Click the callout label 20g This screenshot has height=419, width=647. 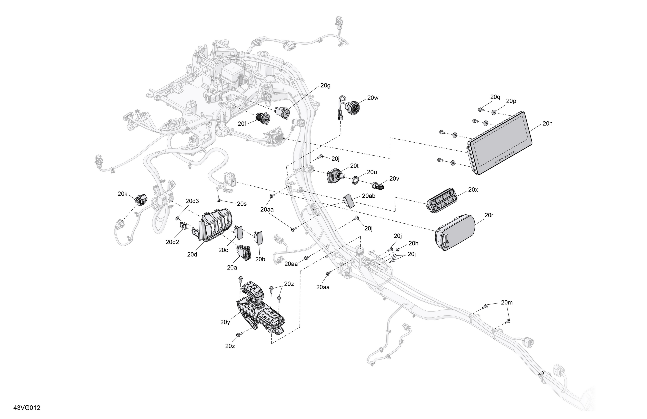tap(325, 86)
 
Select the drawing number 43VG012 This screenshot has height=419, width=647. tap(27, 408)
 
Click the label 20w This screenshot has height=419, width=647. tap(373, 98)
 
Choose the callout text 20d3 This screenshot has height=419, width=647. tap(192, 201)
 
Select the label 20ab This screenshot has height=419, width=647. tap(369, 196)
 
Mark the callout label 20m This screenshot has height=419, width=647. tap(507, 302)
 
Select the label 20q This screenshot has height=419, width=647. tap(495, 97)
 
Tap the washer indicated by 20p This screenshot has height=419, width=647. tap(493, 112)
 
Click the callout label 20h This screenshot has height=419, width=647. tap(413, 243)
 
